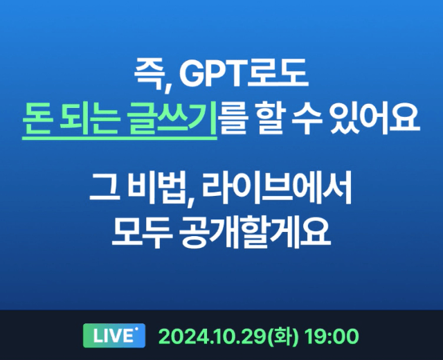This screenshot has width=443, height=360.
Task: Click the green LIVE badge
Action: (114, 335)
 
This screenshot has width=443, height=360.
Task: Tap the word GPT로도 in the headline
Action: (244, 74)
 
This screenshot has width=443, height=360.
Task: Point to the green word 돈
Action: (37, 120)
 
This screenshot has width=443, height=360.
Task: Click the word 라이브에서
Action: (277, 188)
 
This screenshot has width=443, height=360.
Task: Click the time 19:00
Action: (332, 336)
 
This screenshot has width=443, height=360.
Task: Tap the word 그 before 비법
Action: (104, 188)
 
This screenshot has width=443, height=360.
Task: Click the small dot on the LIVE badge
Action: (137, 329)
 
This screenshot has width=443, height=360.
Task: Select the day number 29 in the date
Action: (255, 336)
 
